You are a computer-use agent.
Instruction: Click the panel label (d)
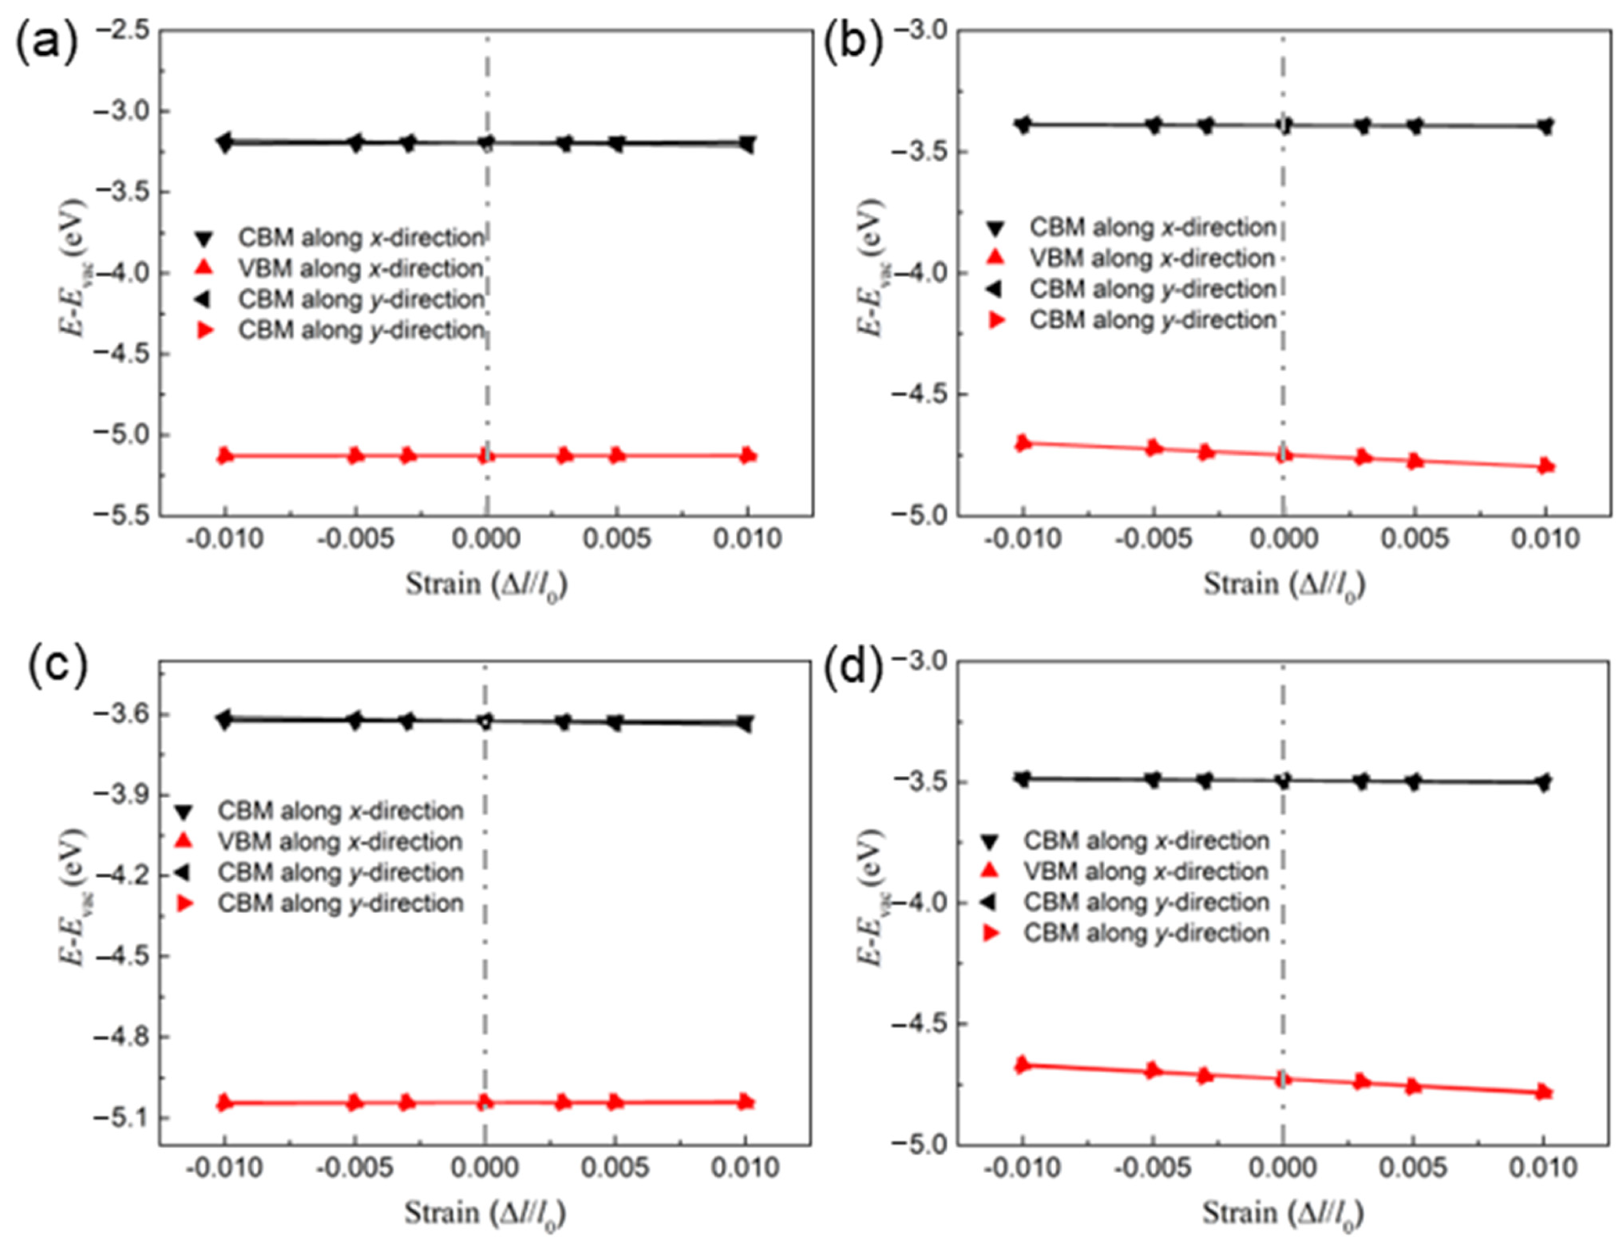click(x=853, y=667)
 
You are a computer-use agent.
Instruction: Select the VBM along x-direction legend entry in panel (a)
click(x=361, y=268)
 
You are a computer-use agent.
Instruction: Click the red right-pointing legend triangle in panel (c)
click(x=184, y=904)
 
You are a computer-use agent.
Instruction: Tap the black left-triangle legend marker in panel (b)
click(x=996, y=289)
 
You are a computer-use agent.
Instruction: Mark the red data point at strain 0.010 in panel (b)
click(x=1545, y=466)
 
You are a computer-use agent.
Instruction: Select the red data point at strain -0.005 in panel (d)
click(x=1152, y=1071)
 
